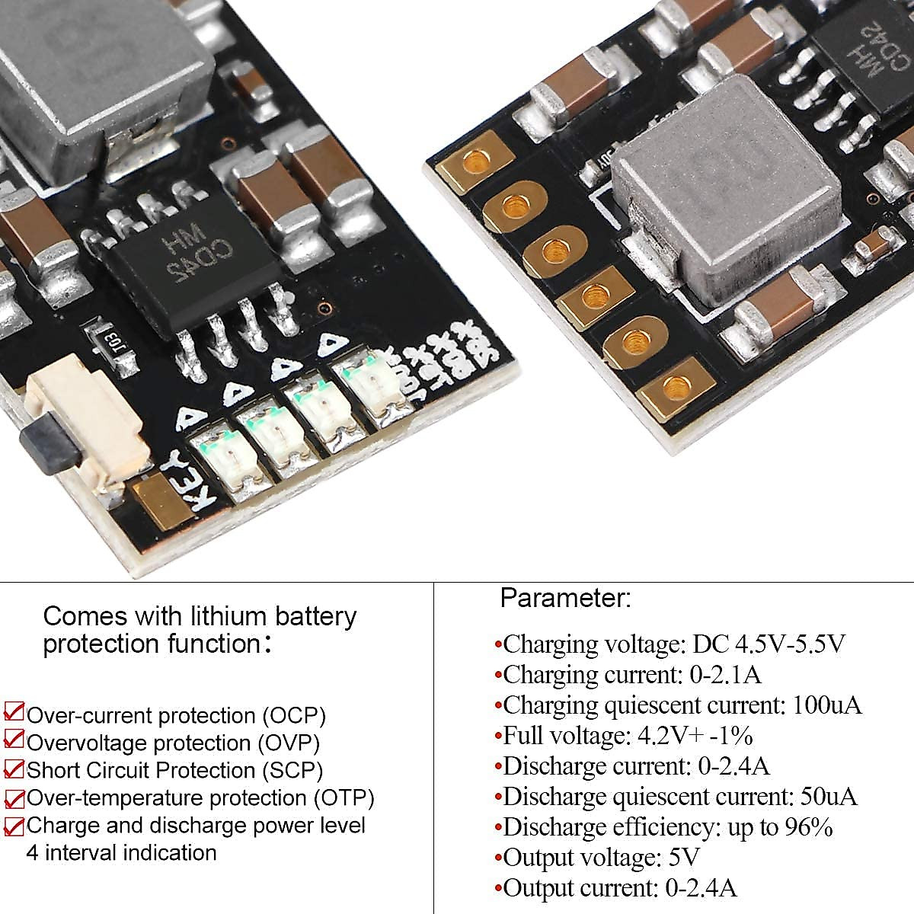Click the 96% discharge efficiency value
pos(808,827)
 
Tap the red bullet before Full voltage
pos(498,737)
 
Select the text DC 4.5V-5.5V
pos(769,644)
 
